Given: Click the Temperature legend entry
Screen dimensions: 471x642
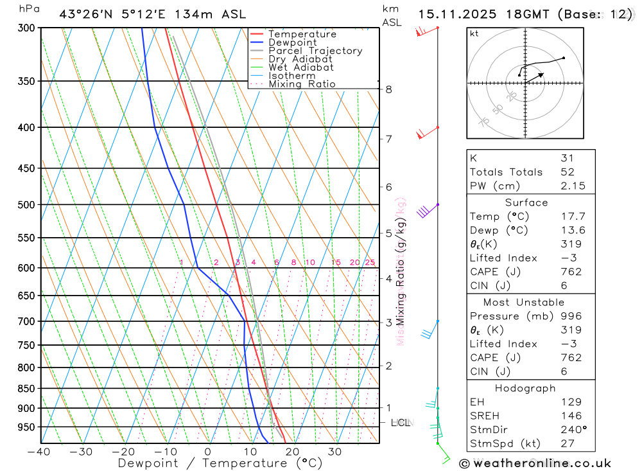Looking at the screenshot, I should [x=302, y=34].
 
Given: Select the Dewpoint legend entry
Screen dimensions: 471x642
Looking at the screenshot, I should [x=293, y=42].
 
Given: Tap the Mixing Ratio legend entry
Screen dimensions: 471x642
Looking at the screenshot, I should [x=302, y=84].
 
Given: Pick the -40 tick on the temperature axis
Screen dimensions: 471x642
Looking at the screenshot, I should [x=39, y=452].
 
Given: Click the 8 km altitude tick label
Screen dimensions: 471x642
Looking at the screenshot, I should [x=388, y=89].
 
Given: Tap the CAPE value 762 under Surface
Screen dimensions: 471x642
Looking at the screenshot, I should [x=571, y=272].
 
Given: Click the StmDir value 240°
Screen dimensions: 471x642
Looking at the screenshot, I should [x=573, y=430].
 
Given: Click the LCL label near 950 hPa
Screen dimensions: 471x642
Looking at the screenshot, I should [x=401, y=423].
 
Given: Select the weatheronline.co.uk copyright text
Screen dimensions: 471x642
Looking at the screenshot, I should [x=535, y=463].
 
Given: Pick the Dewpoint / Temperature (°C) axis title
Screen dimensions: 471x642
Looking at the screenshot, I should [x=211, y=463].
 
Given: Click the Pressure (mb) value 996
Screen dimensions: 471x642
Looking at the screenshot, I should [x=571, y=316].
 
